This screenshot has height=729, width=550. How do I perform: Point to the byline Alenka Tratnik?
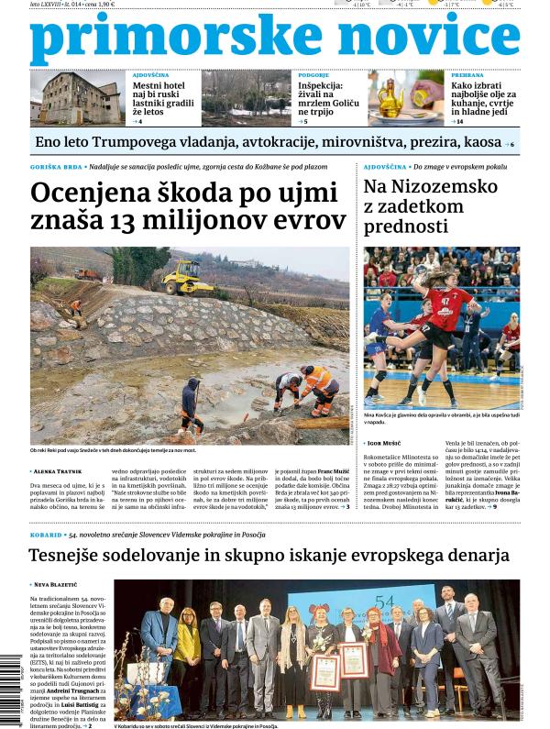pyautogui.click(x=60, y=471)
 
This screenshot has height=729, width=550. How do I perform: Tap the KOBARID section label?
pyautogui.click(x=46, y=534)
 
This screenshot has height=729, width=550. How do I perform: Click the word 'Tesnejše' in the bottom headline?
pyautogui.click(x=76, y=556)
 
